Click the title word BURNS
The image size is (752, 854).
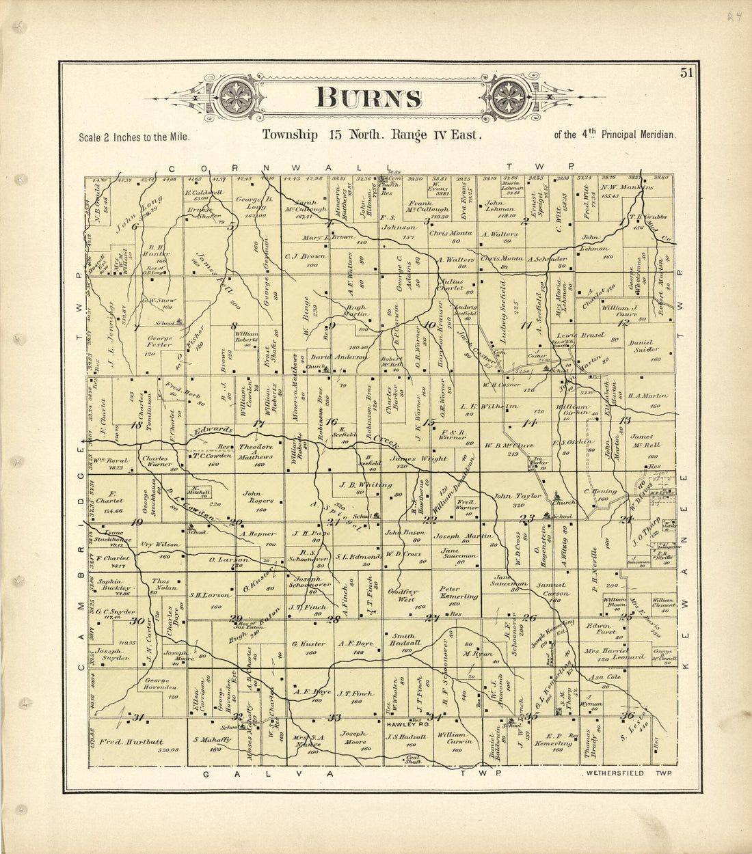tap(368, 98)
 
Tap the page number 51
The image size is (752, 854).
tap(686, 74)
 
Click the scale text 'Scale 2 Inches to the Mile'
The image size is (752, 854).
tap(134, 137)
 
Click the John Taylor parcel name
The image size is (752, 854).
tap(518, 497)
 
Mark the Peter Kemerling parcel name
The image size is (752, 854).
tap(458, 592)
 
